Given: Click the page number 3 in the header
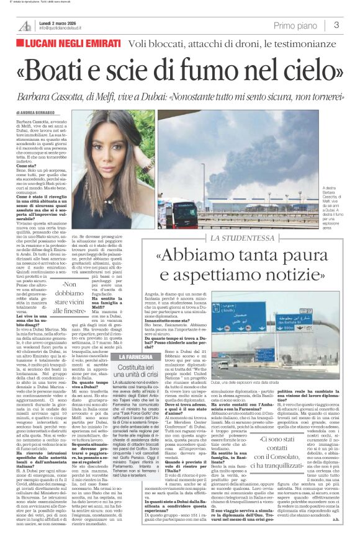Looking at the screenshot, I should pos(336,25).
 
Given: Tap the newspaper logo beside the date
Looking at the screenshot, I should pos(25,25).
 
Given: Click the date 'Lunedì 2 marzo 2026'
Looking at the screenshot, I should pos(59,22).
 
